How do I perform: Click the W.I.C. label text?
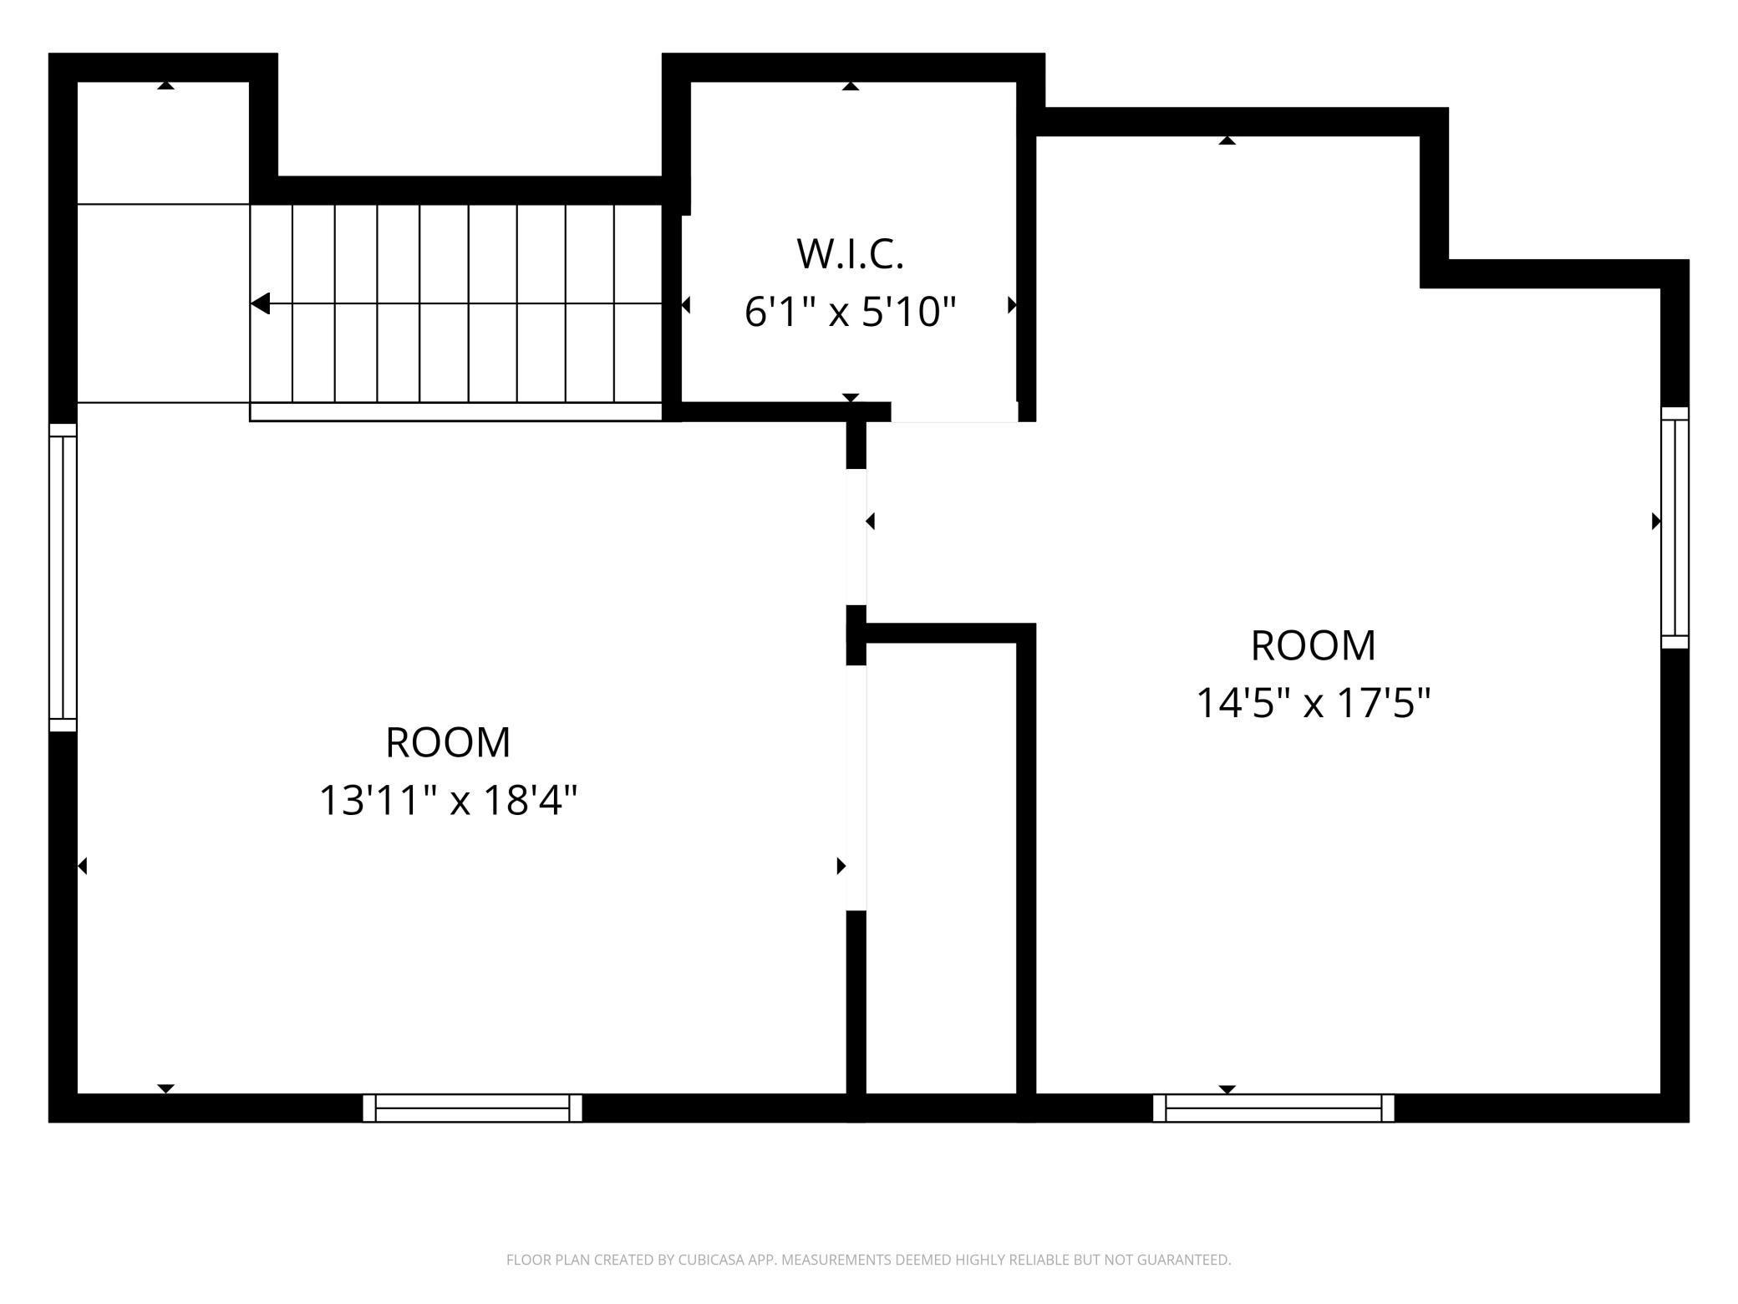pyautogui.click(x=850, y=255)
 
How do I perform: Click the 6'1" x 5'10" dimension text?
pyautogui.click(x=850, y=313)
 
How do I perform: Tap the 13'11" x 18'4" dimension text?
pyautogui.click(x=449, y=800)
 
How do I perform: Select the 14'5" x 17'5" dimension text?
pyautogui.click(x=1314, y=703)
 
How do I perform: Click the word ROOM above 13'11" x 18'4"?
pyautogui.click(x=448, y=742)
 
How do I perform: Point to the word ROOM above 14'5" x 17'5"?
pyautogui.click(x=1313, y=645)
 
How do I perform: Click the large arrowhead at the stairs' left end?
pyautogui.click(x=261, y=303)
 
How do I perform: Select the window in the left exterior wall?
pyautogui.click(x=63, y=578)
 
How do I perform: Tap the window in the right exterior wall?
pyautogui.click(x=1674, y=527)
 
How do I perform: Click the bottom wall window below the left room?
pyautogui.click(x=472, y=1108)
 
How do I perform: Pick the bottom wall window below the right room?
pyautogui.click(x=1273, y=1108)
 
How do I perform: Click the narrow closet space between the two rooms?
pyautogui.click(x=941, y=869)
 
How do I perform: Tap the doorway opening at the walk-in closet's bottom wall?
pyautogui.click(x=954, y=413)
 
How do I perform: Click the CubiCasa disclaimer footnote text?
pyautogui.click(x=868, y=1260)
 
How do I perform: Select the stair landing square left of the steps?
pyautogui.click(x=164, y=303)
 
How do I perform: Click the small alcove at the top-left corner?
pyautogui.click(x=164, y=142)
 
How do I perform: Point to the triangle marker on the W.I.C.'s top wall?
pyautogui.click(x=851, y=86)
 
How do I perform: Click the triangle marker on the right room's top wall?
pyautogui.click(x=1227, y=140)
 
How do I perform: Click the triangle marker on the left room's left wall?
pyautogui.click(x=82, y=866)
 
